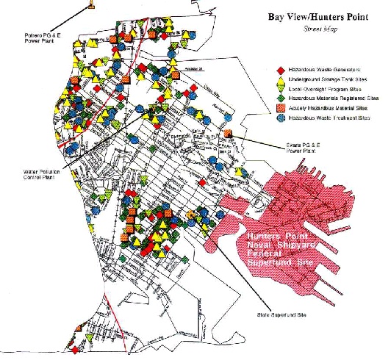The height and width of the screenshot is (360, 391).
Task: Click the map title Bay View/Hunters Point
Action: click(319, 12)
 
